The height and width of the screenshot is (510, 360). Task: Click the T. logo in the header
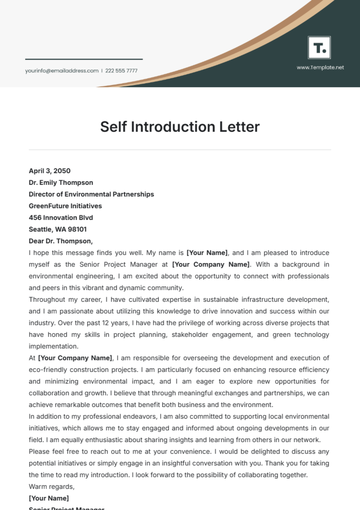tap(319, 48)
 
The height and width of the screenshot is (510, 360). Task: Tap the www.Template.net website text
tap(320, 67)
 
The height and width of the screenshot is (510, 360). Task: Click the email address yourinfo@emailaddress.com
tap(62, 71)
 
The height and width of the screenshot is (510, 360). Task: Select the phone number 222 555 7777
tap(121, 71)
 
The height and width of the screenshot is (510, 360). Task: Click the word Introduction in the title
tap(174, 127)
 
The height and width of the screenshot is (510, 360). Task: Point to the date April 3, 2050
tap(49, 171)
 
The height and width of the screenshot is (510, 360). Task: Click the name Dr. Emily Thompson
tap(61, 183)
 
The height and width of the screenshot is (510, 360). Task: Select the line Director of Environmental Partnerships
tap(91, 194)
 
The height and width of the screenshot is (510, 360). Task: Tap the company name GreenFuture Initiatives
tap(65, 206)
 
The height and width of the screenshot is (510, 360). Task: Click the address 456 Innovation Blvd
tap(61, 218)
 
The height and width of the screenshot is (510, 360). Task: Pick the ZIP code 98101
tap(77, 229)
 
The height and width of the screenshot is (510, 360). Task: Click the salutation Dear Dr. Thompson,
tap(61, 241)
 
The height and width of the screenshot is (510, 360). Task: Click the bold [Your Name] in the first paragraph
tap(207, 253)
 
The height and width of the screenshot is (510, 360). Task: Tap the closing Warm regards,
tap(52, 487)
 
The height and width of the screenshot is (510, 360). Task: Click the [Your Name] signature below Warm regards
tap(49, 498)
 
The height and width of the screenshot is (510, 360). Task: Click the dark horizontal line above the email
tap(84, 59)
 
